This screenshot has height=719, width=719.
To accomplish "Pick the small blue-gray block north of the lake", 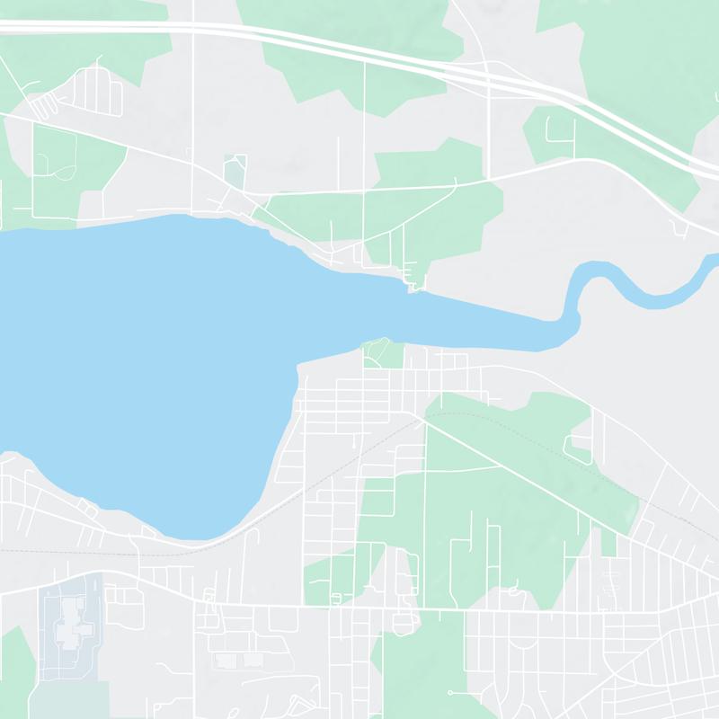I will tap(235, 171).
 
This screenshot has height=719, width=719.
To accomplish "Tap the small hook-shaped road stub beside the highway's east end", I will tap(680, 229).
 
